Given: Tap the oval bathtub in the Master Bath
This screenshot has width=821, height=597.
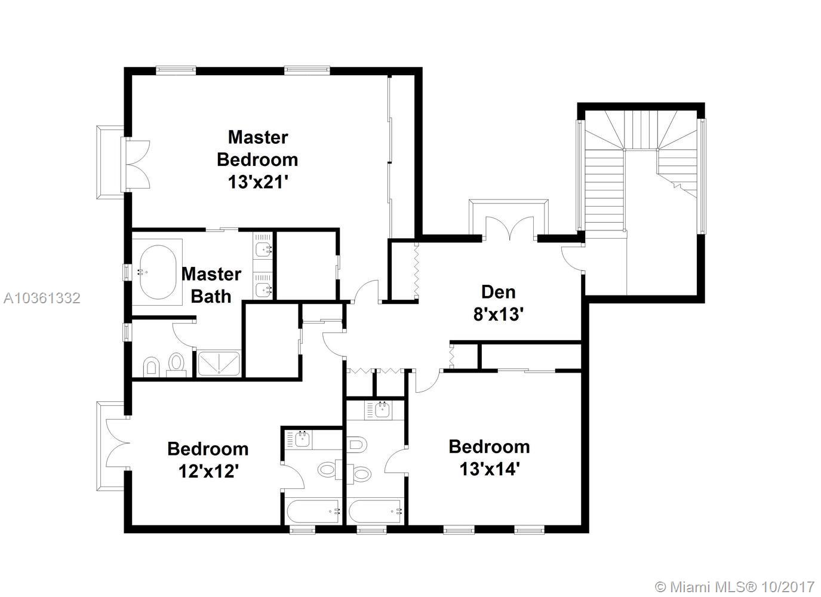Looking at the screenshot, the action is (x=158, y=272).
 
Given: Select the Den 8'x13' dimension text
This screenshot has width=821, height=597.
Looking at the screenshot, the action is (x=499, y=314).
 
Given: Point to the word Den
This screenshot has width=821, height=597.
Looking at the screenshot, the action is (x=499, y=292).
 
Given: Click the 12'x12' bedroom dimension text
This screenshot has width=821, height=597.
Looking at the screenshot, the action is (x=208, y=471).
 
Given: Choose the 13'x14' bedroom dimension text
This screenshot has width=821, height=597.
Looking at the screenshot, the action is (x=490, y=469).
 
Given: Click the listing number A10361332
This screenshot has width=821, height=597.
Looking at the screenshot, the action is (x=42, y=298).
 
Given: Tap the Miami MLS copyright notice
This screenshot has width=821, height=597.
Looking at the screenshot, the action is (x=734, y=587).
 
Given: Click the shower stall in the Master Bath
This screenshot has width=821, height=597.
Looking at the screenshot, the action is (x=219, y=363).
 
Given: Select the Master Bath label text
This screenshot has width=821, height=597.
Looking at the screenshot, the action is (x=211, y=285).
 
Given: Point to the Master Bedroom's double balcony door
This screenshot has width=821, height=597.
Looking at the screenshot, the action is (x=138, y=164).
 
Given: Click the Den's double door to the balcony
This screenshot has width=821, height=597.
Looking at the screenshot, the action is (x=510, y=229).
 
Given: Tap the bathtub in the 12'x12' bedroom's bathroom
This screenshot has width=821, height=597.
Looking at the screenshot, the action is (x=313, y=511).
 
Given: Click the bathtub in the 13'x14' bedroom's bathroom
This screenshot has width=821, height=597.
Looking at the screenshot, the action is (x=376, y=511).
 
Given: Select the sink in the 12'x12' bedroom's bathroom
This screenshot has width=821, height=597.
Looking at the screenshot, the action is (x=302, y=439).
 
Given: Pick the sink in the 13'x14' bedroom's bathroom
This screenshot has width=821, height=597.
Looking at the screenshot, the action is (x=382, y=410).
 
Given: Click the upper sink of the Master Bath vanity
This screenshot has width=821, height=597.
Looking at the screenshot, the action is (x=263, y=250).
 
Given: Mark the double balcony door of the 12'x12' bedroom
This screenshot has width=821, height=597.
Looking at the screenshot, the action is (x=118, y=443).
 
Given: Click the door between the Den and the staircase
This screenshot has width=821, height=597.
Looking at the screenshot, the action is (x=572, y=259).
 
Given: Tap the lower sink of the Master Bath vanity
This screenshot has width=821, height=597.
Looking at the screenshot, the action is (x=263, y=290).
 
